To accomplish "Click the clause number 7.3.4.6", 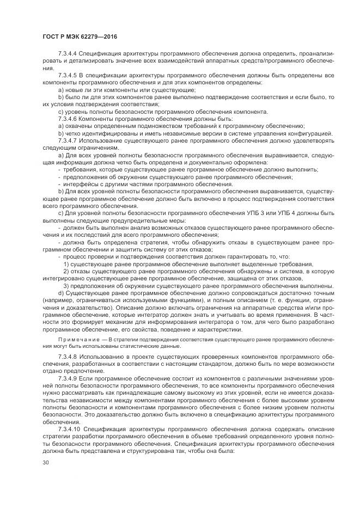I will (68, 118).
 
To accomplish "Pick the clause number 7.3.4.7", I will (68, 140).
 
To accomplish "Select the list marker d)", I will (61, 292).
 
